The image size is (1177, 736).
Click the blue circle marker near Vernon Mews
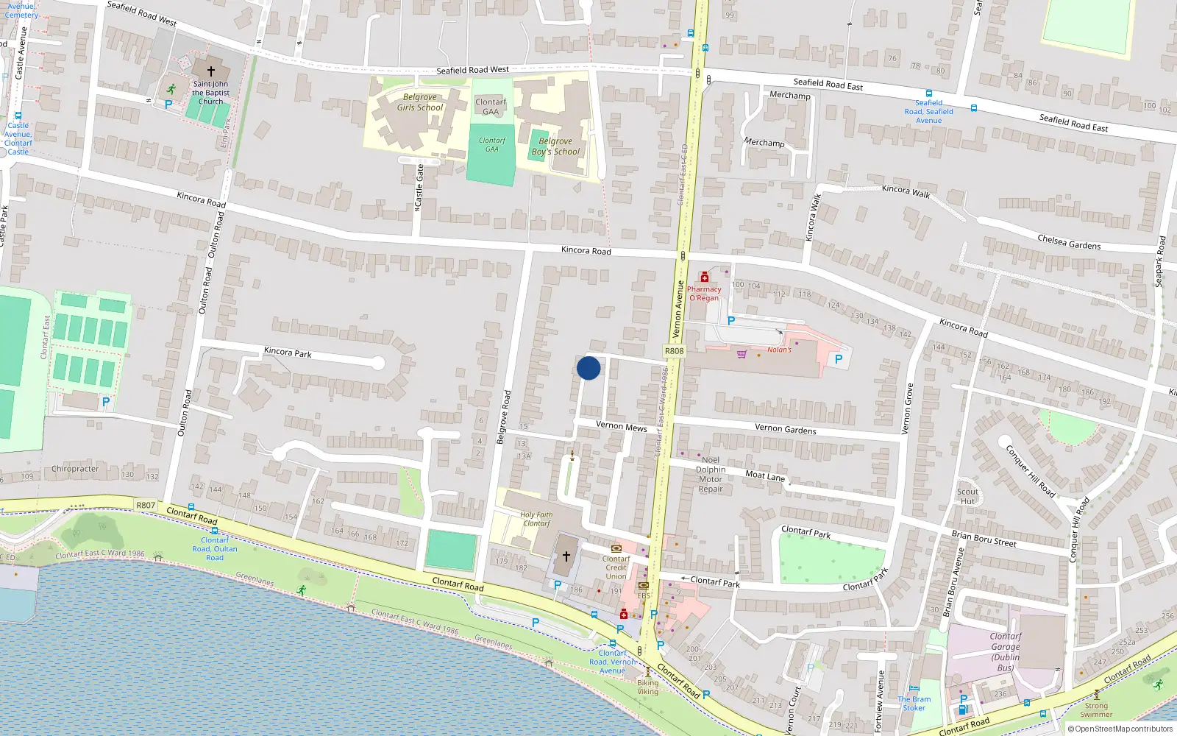588,368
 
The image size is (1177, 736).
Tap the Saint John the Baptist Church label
211,93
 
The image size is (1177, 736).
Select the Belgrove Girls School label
420,102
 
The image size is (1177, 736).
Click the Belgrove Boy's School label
555,146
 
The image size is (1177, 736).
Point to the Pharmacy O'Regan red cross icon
704,277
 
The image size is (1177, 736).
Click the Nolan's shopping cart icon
742,353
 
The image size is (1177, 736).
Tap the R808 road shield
674,351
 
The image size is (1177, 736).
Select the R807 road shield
146,505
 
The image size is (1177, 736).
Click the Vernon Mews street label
621,426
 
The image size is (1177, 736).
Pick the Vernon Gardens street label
785,429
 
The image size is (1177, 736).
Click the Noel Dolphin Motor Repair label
711,474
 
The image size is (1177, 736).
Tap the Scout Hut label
967,496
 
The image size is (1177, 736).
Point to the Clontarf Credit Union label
616,567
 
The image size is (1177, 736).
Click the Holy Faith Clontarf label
536,519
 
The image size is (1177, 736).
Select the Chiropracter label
75,469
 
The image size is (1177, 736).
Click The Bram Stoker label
914,704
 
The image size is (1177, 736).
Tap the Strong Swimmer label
1096,710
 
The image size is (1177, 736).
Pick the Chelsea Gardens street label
1069,243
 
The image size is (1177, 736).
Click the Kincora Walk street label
906,191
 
